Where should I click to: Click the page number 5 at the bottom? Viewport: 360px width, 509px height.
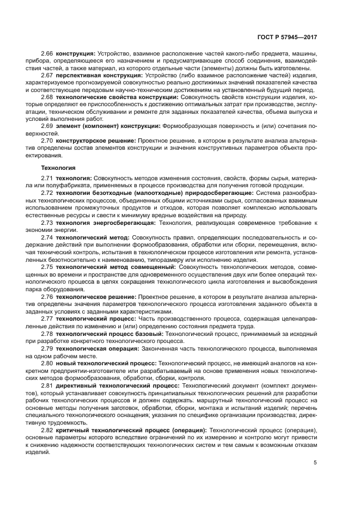click(315, 463)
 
